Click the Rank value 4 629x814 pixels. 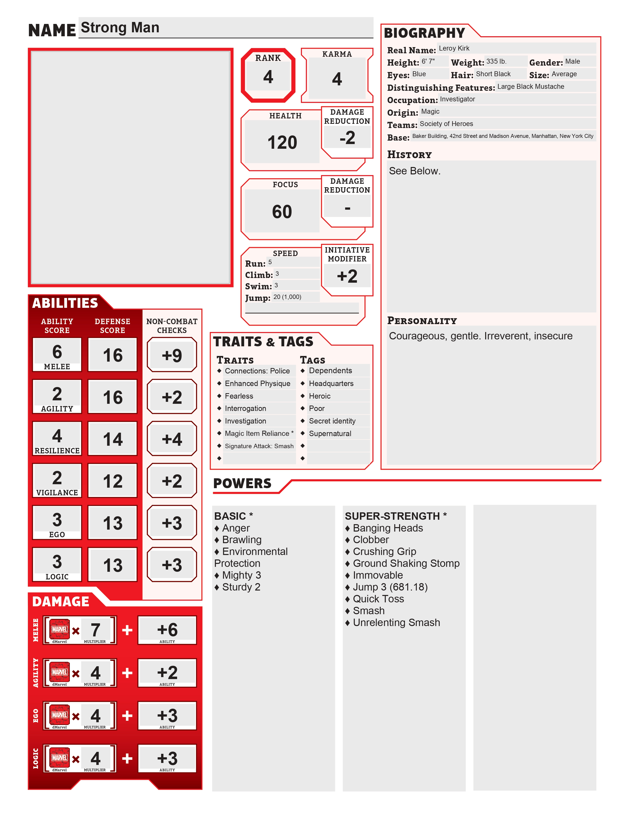tap(268, 77)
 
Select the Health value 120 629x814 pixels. tap(282, 142)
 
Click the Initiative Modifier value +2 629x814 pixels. tap(347, 276)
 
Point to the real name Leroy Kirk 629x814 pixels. tap(454, 48)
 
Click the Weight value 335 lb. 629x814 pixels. tap(496, 61)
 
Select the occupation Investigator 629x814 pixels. tap(457, 99)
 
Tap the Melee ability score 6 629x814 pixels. tap(57, 352)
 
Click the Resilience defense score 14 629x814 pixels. tap(112, 439)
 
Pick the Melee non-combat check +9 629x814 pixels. tap(172, 355)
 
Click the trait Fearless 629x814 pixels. tap(239, 396)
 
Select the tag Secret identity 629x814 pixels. tap(332, 421)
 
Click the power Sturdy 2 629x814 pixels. tap(241, 587)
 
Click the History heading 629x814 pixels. tap(409, 155)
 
